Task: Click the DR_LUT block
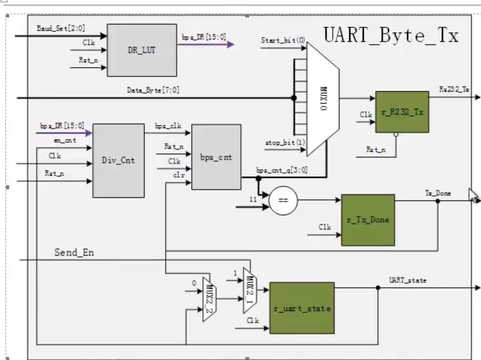click(x=142, y=50)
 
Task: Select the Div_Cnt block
click(x=118, y=160)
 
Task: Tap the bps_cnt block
click(x=215, y=157)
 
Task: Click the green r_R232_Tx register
click(x=402, y=111)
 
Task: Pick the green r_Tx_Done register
click(x=367, y=220)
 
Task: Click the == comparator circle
click(x=283, y=201)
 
